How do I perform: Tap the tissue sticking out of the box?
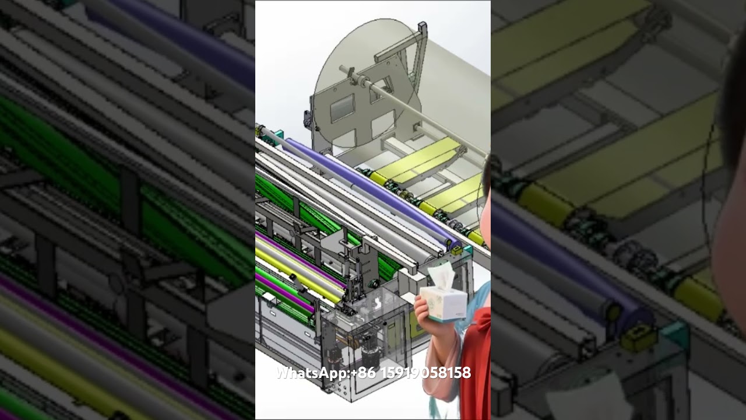[441, 275]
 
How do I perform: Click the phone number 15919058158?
[425, 373]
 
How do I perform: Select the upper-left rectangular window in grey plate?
[342, 108]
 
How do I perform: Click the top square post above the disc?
[422, 27]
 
